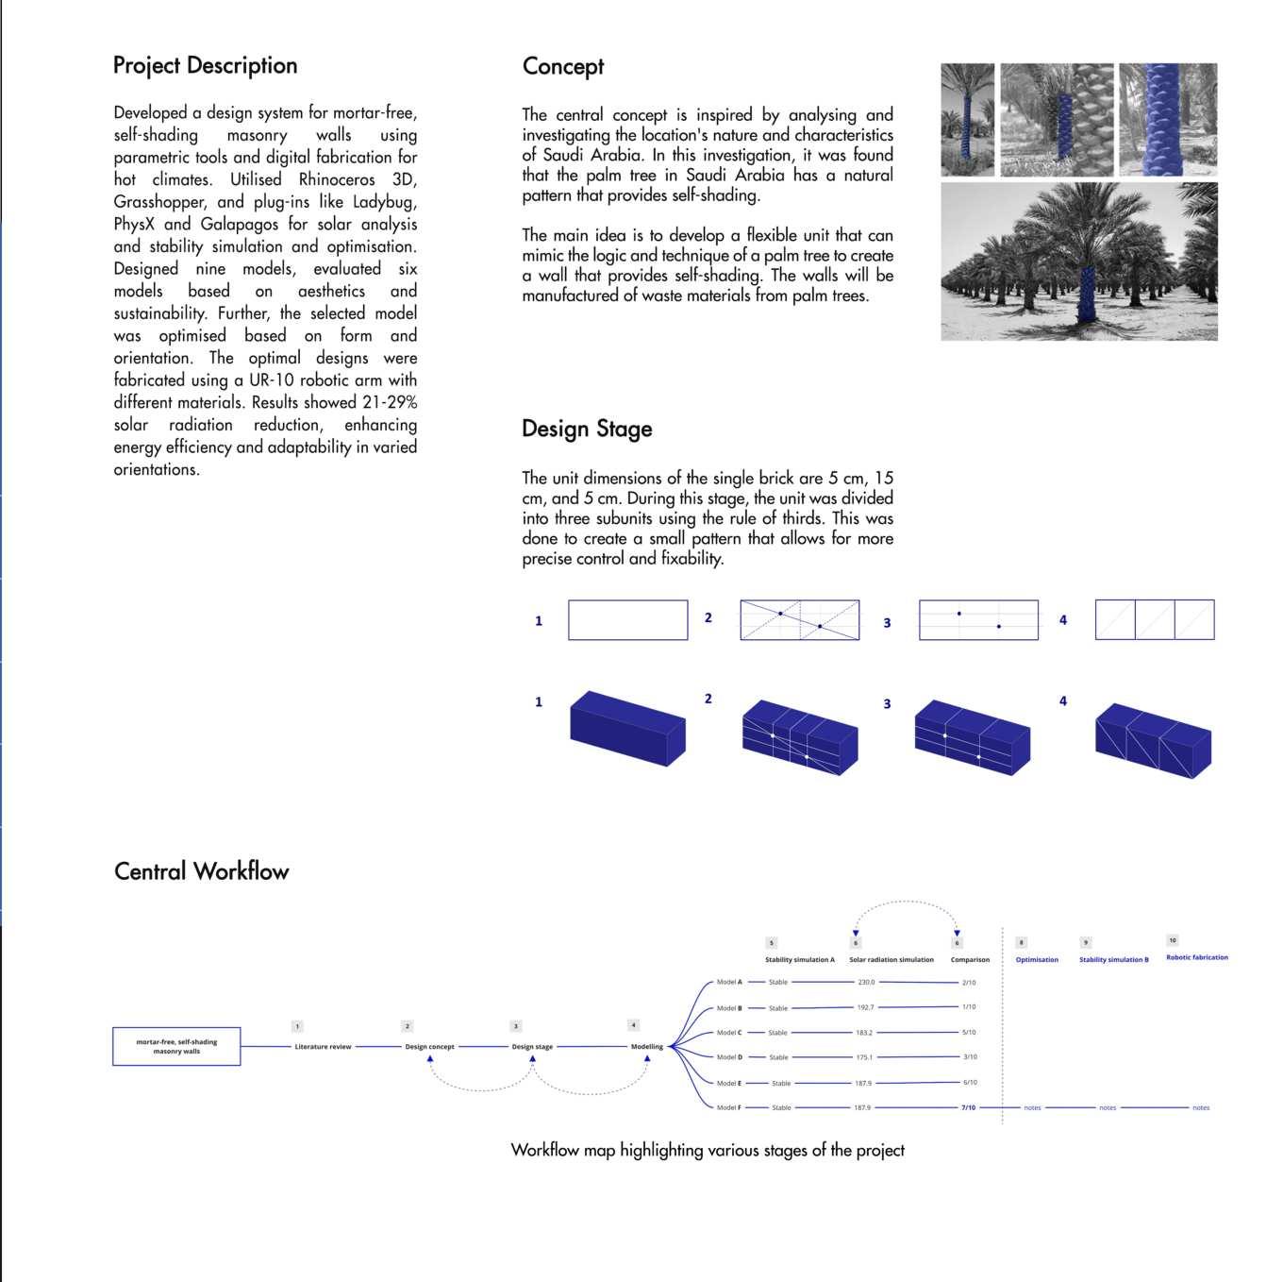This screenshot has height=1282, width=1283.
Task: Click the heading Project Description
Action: tap(205, 65)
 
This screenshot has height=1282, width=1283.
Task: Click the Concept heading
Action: tap(563, 66)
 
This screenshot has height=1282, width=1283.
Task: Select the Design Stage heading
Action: tap(587, 429)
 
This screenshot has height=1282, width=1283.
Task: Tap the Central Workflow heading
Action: tap(201, 870)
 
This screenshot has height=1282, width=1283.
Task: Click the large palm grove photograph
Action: tap(1078, 261)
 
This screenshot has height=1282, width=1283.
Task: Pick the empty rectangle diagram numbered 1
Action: tap(627, 620)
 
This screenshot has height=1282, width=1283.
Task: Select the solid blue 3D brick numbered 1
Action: tap(627, 728)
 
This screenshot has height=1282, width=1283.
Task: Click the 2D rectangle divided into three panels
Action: tap(1154, 620)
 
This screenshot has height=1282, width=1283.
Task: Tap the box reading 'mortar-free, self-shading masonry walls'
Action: tap(176, 1046)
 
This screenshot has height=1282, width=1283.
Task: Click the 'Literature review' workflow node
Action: tap(323, 1046)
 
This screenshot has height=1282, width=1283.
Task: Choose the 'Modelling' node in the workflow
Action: tap(646, 1046)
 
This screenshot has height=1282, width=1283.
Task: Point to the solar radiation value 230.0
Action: tap(866, 982)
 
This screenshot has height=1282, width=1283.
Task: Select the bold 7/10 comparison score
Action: tap(968, 1107)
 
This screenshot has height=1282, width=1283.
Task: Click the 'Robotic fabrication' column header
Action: tap(1196, 957)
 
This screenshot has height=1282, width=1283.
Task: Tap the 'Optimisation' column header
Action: tap(1037, 959)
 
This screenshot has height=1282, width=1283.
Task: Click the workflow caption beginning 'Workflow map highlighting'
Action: tap(708, 1150)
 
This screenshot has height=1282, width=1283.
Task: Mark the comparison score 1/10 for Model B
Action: tap(969, 1006)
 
